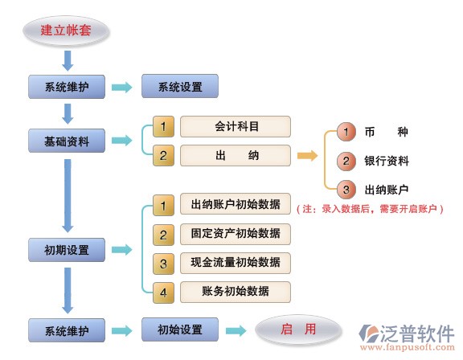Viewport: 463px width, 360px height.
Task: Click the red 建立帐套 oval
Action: [x=66, y=31]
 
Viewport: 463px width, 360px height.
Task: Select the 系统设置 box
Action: [x=180, y=86]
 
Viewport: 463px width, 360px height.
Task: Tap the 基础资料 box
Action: [x=67, y=141]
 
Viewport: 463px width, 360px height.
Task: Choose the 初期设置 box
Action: [x=67, y=250]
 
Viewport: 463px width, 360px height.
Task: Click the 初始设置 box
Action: [x=180, y=329]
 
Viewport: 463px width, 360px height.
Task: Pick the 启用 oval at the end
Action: [x=298, y=329]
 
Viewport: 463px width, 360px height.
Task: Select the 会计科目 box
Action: [x=236, y=127]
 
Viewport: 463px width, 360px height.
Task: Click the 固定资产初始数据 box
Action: [x=236, y=234]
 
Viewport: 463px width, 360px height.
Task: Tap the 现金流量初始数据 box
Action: [x=236, y=263]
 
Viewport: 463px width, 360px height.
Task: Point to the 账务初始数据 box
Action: [x=236, y=292]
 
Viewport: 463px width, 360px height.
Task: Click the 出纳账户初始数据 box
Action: [x=236, y=204]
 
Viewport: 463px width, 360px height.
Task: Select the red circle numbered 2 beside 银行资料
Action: [x=346, y=161]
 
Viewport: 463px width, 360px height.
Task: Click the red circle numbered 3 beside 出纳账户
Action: [x=346, y=190]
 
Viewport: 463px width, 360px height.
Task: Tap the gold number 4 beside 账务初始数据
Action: [x=163, y=292]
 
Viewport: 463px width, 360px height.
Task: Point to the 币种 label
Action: [x=386, y=132]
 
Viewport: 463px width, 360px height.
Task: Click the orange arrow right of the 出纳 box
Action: [x=307, y=156]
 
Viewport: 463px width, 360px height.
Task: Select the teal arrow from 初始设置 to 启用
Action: [x=236, y=331]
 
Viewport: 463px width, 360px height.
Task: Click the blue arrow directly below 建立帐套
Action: [x=68, y=61]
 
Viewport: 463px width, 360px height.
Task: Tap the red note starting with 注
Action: [x=370, y=209]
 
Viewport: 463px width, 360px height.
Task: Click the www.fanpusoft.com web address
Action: [x=408, y=347]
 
